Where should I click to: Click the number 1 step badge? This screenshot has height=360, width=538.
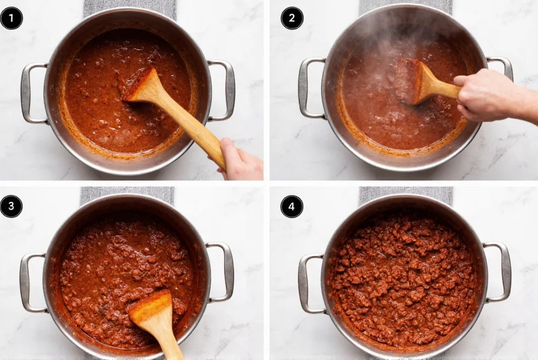click(x=11, y=18)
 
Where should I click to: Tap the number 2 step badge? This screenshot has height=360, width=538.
click(x=292, y=18)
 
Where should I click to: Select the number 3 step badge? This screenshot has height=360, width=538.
click(x=11, y=206)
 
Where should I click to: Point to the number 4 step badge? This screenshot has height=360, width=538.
click(x=292, y=206)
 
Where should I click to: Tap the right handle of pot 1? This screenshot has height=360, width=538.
click(x=226, y=90)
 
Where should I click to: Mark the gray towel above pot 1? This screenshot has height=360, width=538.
click(x=129, y=8)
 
